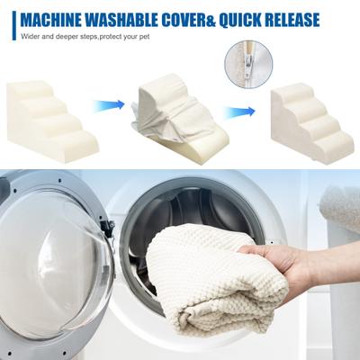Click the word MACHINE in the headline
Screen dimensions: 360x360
[50, 20]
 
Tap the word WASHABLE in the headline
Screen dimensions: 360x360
[121, 20]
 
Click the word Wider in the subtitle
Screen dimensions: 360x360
[28, 37]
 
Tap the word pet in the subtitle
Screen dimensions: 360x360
[145, 38]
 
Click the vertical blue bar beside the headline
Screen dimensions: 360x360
[13, 25]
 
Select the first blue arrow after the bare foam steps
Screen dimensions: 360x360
[109, 105]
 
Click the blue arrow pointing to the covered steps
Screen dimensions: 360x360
[239, 112]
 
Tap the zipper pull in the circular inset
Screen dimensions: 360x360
[248, 65]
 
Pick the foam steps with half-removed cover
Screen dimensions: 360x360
[179, 119]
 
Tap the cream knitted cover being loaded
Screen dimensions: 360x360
[214, 277]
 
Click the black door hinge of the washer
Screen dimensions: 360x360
[109, 228]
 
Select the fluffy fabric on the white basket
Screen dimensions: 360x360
[341, 207]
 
